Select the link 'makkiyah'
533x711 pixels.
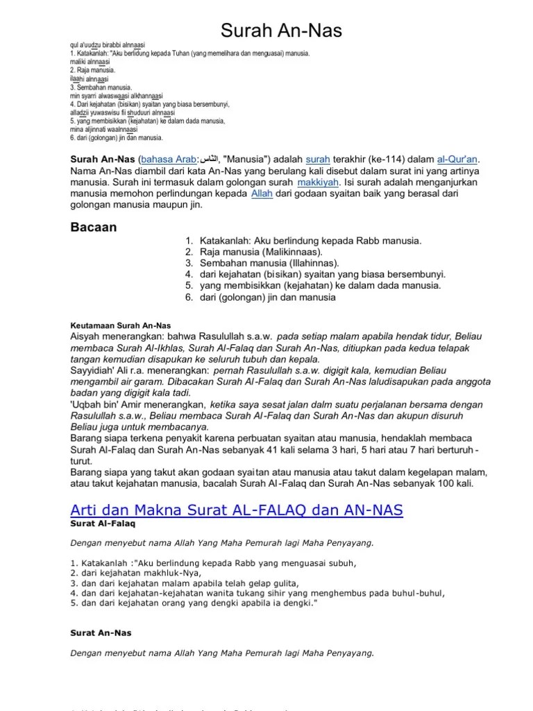pos(318,182)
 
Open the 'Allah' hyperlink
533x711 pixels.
pos(260,194)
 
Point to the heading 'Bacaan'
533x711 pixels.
pos(94,227)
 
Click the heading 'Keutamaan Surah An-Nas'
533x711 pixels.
pos(121,324)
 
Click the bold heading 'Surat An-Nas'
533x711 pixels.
pos(101,633)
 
